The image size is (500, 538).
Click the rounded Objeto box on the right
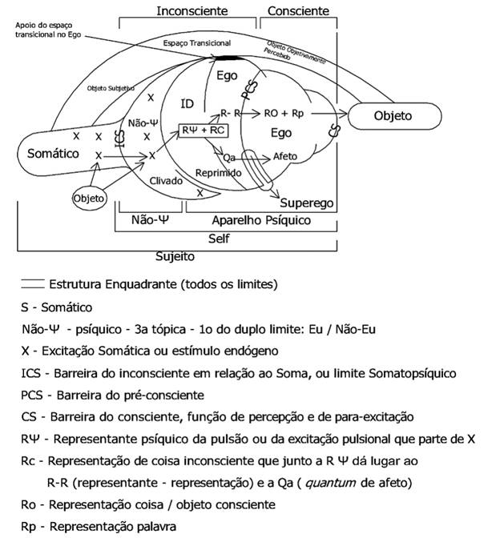393,116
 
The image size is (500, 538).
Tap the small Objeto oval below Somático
90,197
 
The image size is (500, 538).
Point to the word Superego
307,203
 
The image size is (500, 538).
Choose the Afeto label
287,156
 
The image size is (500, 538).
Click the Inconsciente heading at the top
192,11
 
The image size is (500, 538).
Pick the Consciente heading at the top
297,11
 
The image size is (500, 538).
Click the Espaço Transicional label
197,42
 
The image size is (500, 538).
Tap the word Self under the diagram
219,239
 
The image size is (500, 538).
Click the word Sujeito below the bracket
175,257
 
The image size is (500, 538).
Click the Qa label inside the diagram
229,158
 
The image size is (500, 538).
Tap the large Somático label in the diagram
53,152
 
